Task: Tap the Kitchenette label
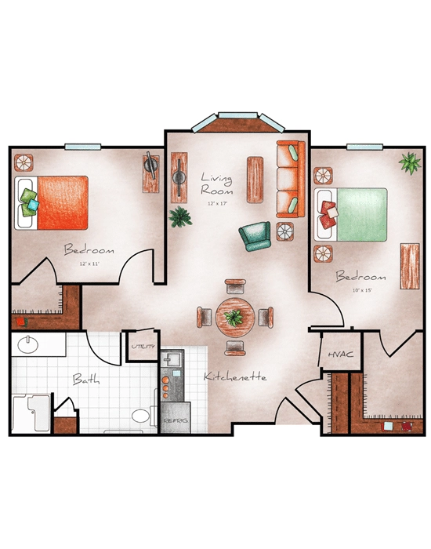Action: coord(235,377)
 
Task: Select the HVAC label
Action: coord(340,354)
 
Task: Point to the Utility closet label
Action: coord(143,346)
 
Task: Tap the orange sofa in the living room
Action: coord(289,181)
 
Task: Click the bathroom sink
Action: coord(29,345)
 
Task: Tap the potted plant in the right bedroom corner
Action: coord(408,163)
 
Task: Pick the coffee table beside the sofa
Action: coord(255,180)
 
